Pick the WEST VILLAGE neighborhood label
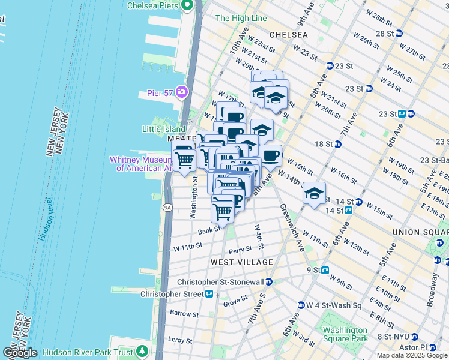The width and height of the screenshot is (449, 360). pos(242,262)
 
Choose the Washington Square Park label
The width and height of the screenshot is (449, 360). pos(345,334)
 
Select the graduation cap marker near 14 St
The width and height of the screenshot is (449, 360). pos(314,194)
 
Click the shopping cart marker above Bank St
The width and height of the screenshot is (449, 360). pos(223,211)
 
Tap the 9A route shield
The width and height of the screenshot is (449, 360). pos(167,208)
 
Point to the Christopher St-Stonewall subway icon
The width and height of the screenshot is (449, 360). pos(270,281)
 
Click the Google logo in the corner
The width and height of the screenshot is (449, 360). pos(20,353)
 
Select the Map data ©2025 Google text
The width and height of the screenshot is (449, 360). pos(412,356)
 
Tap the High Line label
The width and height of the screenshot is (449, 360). pos(241,19)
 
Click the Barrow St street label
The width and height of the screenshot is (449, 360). pos(184,314)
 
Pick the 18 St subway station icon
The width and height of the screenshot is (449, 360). pos(337,144)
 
